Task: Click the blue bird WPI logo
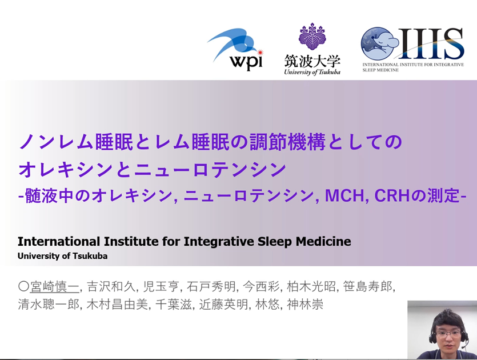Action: [x=234, y=49]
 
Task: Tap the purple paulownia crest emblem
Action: [x=312, y=36]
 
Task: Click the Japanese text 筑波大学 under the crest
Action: [x=312, y=61]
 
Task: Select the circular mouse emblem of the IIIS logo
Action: [x=378, y=45]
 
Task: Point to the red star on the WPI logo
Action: [x=259, y=53]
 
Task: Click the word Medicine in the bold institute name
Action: [x=323, y=241]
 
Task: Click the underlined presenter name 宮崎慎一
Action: [x=54, y=286]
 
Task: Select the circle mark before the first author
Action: [x=23, y=286]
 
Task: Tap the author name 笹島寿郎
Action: [x=368, y=286]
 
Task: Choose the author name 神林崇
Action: [x=305, y=305]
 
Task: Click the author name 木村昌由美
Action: [x=117, y=305]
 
